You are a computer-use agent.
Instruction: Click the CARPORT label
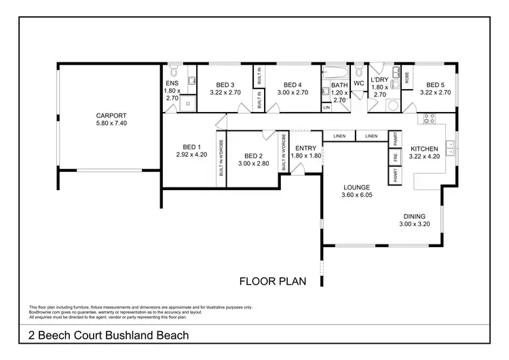coord(111,116)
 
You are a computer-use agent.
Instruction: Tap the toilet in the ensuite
coord(174,71)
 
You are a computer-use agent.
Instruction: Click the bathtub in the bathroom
coord(337,71)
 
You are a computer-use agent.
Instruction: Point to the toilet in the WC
coord(358,71)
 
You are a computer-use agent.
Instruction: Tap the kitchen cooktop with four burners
coord(429,120)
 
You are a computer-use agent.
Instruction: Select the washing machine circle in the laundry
coord(392,105)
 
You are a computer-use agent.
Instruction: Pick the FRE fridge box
coord(394,157)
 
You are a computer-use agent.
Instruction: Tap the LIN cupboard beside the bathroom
coord(326,107)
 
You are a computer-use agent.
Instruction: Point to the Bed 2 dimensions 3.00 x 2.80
coord(252,163)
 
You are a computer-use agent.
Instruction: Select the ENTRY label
coord(305,148)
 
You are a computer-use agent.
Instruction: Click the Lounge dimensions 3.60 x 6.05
coord(356,195)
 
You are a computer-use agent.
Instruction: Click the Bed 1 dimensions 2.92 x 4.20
coord(191,155)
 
